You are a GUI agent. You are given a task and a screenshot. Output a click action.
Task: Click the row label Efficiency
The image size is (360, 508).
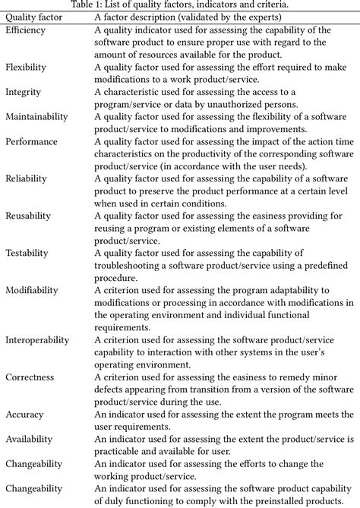pyautogui.click(x=25, y=30)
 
